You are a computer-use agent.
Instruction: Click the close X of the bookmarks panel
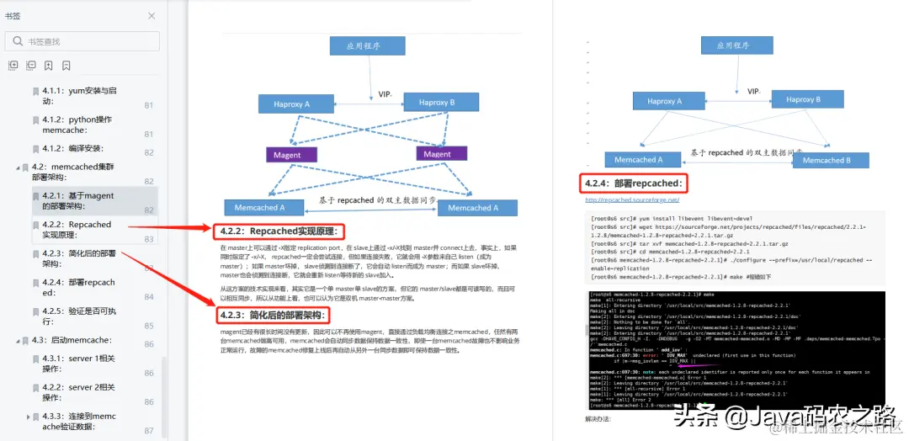coord(151,16)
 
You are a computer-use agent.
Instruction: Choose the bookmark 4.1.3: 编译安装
coord(72,148)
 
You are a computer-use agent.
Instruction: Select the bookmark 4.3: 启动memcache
coord(72,340)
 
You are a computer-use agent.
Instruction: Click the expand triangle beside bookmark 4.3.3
coord(28,417)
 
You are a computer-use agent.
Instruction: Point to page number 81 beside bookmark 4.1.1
coord(148,105)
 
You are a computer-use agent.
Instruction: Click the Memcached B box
coord(820,160)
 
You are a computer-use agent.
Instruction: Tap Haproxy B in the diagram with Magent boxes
coord(435,103)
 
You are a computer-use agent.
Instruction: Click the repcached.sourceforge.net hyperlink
coord(632,200)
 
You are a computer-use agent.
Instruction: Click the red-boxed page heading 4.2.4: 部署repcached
coord(635,183)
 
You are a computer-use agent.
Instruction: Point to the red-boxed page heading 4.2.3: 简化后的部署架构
coord(274,316)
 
